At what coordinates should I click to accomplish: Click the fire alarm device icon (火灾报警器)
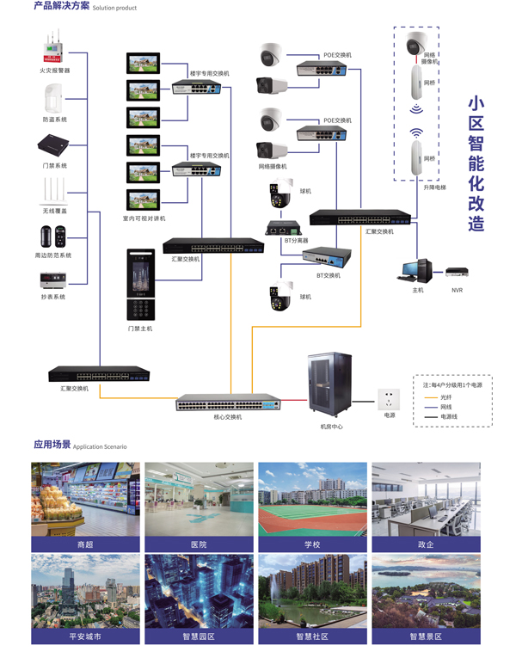(54, 52)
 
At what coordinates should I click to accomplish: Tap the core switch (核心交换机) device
(228, 404)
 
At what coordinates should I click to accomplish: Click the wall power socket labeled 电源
(390, 399)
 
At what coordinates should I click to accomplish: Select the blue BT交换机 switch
(327, 257)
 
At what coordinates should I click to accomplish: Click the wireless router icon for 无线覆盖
(54, 190)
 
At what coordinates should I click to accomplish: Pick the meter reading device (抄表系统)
(54, 280)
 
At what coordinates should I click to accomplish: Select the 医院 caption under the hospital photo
(199, 544)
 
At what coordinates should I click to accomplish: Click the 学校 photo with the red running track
(312, 500)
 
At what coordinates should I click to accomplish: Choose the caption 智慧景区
(426, 636)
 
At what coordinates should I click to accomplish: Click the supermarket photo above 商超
(85, 500)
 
